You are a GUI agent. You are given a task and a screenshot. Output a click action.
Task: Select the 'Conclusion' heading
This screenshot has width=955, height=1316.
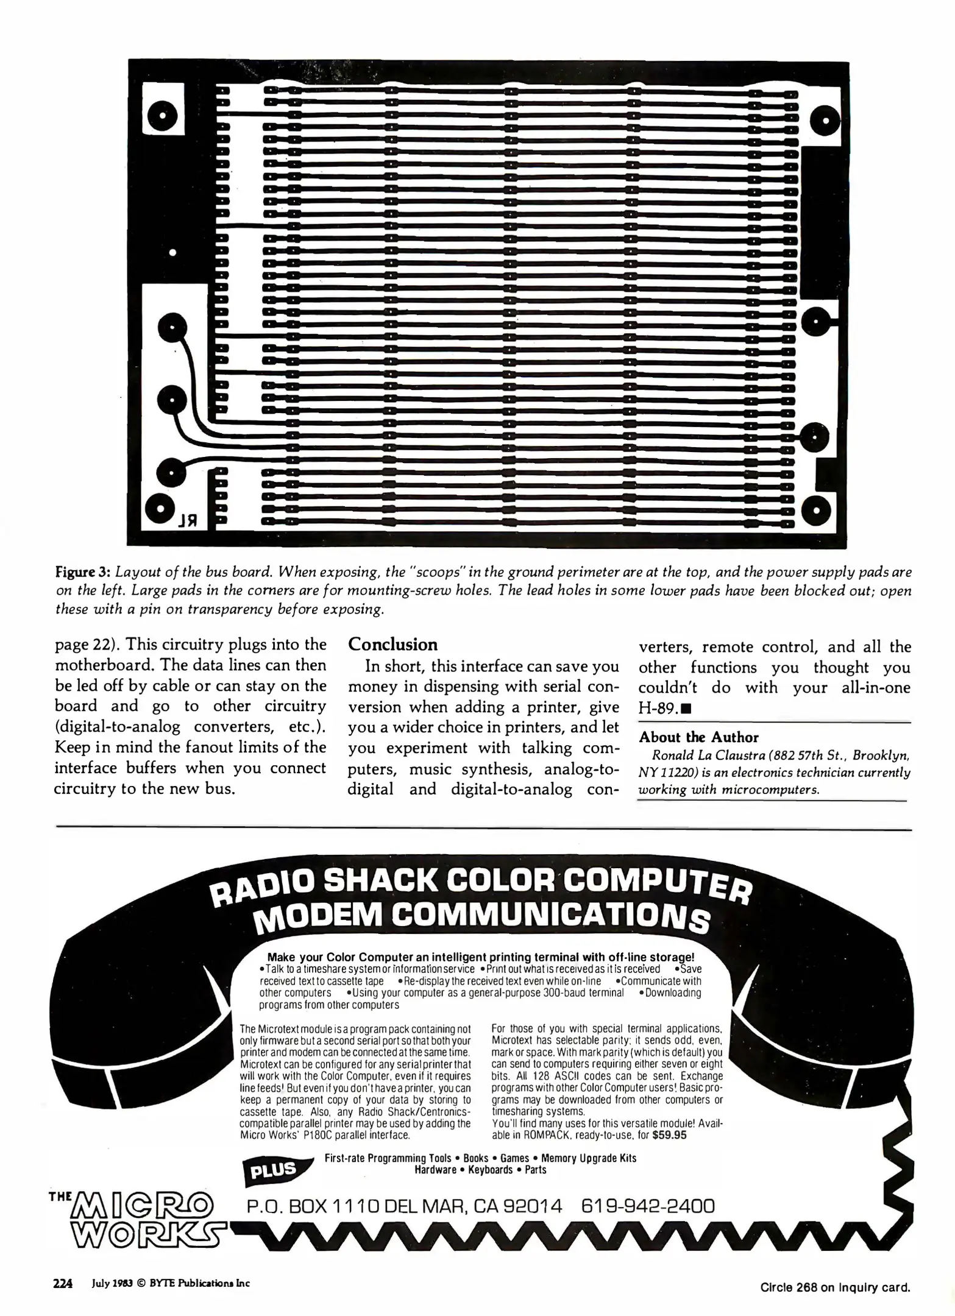392,645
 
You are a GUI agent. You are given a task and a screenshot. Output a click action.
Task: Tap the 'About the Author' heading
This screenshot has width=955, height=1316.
698,737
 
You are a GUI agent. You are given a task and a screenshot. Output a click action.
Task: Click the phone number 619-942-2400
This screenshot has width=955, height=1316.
647,1206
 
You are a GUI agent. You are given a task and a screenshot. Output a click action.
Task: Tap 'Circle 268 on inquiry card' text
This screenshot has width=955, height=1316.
835,1287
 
